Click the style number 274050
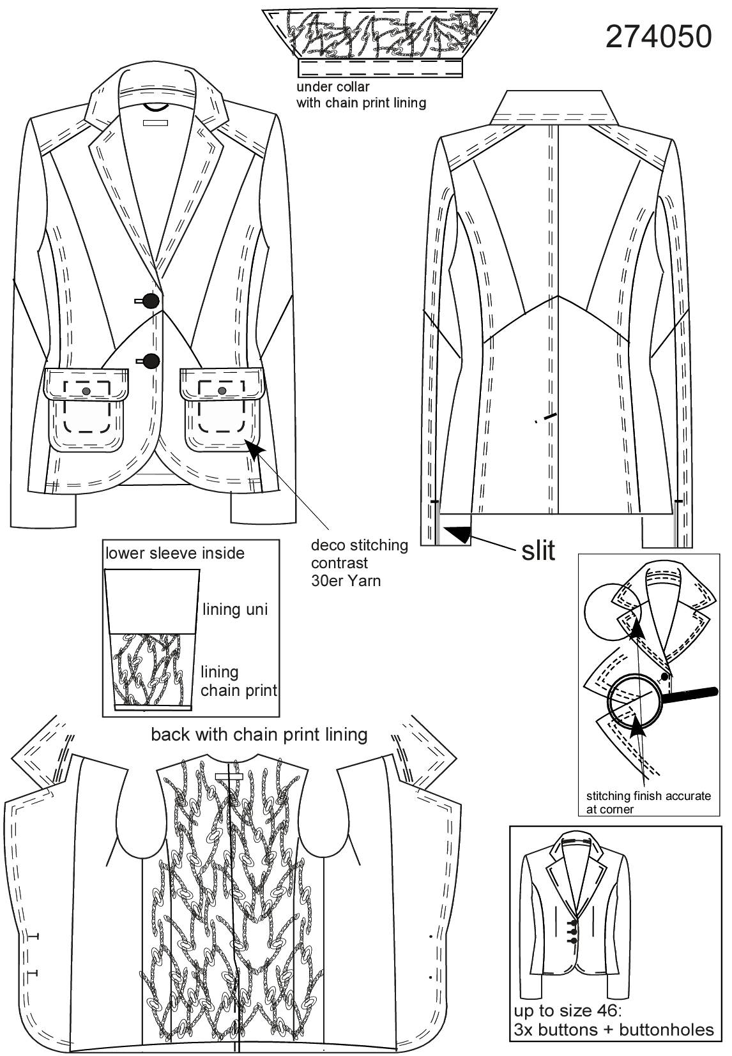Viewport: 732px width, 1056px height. pyautogui.click(x=659, y=37)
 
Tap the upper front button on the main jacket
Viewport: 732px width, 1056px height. pyautogui.click(x=151, y=300)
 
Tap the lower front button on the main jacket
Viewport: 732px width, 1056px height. pyautogui.click(x=151, y=361)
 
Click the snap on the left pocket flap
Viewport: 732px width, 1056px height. pyautogui.click(x=86, y=391)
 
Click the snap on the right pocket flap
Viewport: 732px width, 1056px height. pyautogui.click(x=222, y=390)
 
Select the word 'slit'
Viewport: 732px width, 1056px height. pyautogui.click(x=538, y=550)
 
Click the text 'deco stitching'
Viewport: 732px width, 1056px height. pyautogui.click(x=360, y=545)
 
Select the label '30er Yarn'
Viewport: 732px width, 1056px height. pyautogui.click(x=346, y=580)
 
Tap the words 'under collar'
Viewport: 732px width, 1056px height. pyautogui.click(x=333, y=87)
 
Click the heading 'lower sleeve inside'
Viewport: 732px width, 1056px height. pyautogui.click(x=175, y=553)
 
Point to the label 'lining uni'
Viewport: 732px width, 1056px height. pyautogui.click(x=235, y=609)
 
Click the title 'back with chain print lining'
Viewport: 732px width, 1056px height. pyautogui.click(x=259, y=734)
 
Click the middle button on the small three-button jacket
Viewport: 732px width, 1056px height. pyautogui.click(x=574, y=931)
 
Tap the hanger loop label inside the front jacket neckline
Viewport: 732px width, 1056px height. pyautogui.click(x=156, y=123)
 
